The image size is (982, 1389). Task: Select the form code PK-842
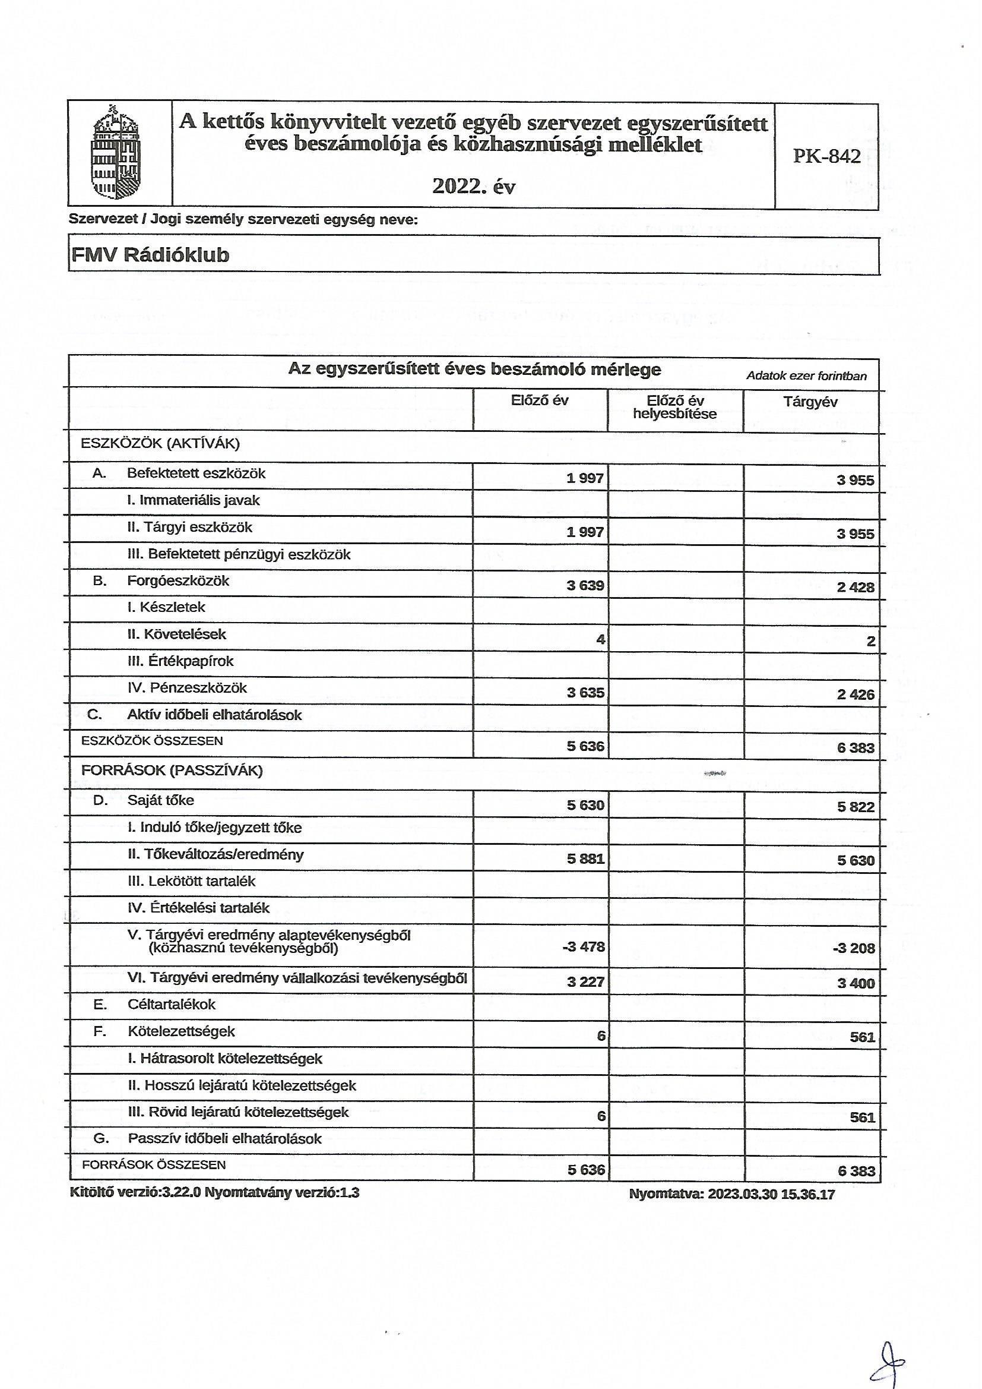pos(826,157)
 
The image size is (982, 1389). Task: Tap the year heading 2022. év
pos(473,187)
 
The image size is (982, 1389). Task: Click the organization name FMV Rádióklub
pos(151,255)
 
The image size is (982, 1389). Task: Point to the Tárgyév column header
pos(810,402)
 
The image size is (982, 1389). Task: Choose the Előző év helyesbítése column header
pos(675,407)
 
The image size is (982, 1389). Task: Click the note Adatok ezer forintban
pos(806,375)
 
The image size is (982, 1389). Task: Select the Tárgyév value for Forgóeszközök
pos(856,587)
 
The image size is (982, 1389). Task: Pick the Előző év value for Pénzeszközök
pos(585,693)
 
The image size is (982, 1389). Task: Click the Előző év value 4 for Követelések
pos(600,639)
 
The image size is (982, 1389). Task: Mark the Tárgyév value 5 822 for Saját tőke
pos(856,806)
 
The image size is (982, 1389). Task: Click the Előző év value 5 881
pos(585,859)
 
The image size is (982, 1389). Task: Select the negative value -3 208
pos(854,948)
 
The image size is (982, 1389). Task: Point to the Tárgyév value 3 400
pos(856,983)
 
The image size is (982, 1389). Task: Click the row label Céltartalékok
pos(172,1004)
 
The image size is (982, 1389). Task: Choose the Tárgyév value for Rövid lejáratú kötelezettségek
pos(862,1117)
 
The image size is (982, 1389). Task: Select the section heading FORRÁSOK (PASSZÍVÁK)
pos(172,771)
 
